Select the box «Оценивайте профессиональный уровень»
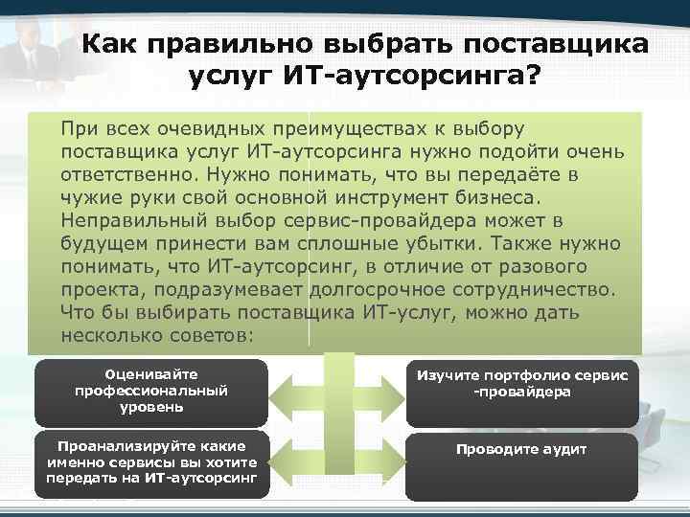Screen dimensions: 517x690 tap(151, 391)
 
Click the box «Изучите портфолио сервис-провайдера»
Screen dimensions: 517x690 tap(521, 392)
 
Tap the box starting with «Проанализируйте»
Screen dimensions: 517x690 tap(151, 464)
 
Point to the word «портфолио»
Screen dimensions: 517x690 tap(521, 375)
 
